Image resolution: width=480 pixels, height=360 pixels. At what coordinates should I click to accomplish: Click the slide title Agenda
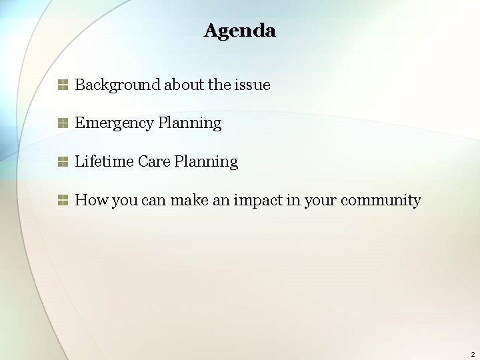pyautogui.click(x=239, y=31)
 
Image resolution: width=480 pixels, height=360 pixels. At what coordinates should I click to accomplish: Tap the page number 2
pyautogui.click(x=473, y=354)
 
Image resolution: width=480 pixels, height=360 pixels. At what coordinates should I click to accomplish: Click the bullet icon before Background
pyautogui.click(x=63, y=85)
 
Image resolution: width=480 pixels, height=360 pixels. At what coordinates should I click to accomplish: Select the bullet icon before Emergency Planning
pyautogui.click(x=63, y=123)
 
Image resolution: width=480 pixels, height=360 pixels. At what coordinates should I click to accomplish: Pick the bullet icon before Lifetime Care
pyautogui.click(x=63, y=161)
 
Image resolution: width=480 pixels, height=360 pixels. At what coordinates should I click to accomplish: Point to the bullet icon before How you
pyautogui.click(x=63, y=200)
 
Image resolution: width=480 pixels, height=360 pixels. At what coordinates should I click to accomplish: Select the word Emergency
pyautogui.click(x=114, y=123)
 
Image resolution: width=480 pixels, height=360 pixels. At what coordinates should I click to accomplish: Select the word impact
pyautogui.click(x=258, y=201)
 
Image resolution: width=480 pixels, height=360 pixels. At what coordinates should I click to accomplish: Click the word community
pyautogui.click(x=381, y=201)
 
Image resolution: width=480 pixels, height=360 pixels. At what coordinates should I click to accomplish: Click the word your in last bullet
pyautogui.click(x=320, y=201)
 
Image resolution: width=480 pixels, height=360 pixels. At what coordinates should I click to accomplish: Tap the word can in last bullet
pyautogui.click(x=154, y=201)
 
